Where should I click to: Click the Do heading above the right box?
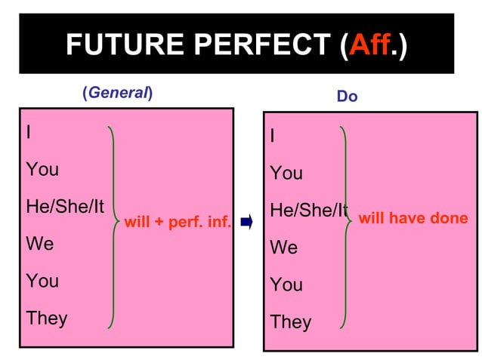coord(347,97)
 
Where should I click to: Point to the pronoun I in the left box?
coord(29,133)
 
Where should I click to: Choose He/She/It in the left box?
coord(65,206)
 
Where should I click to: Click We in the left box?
coord(39,244)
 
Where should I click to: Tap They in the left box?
coord(46,318)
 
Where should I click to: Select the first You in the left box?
coord(42,170)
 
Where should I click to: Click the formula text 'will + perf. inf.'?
coord(177,223)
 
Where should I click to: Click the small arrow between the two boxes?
coord(246,223)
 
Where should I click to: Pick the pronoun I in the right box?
coord(273,137)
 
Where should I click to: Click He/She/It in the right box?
coord(308,211)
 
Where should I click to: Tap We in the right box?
coord(283,248)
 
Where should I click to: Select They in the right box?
coord(290,322)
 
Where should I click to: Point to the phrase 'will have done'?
coord(412,219)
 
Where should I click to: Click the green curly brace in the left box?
coord(113,226)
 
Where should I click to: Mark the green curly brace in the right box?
coord(345,226)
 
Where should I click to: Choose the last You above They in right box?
coord(286,285)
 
